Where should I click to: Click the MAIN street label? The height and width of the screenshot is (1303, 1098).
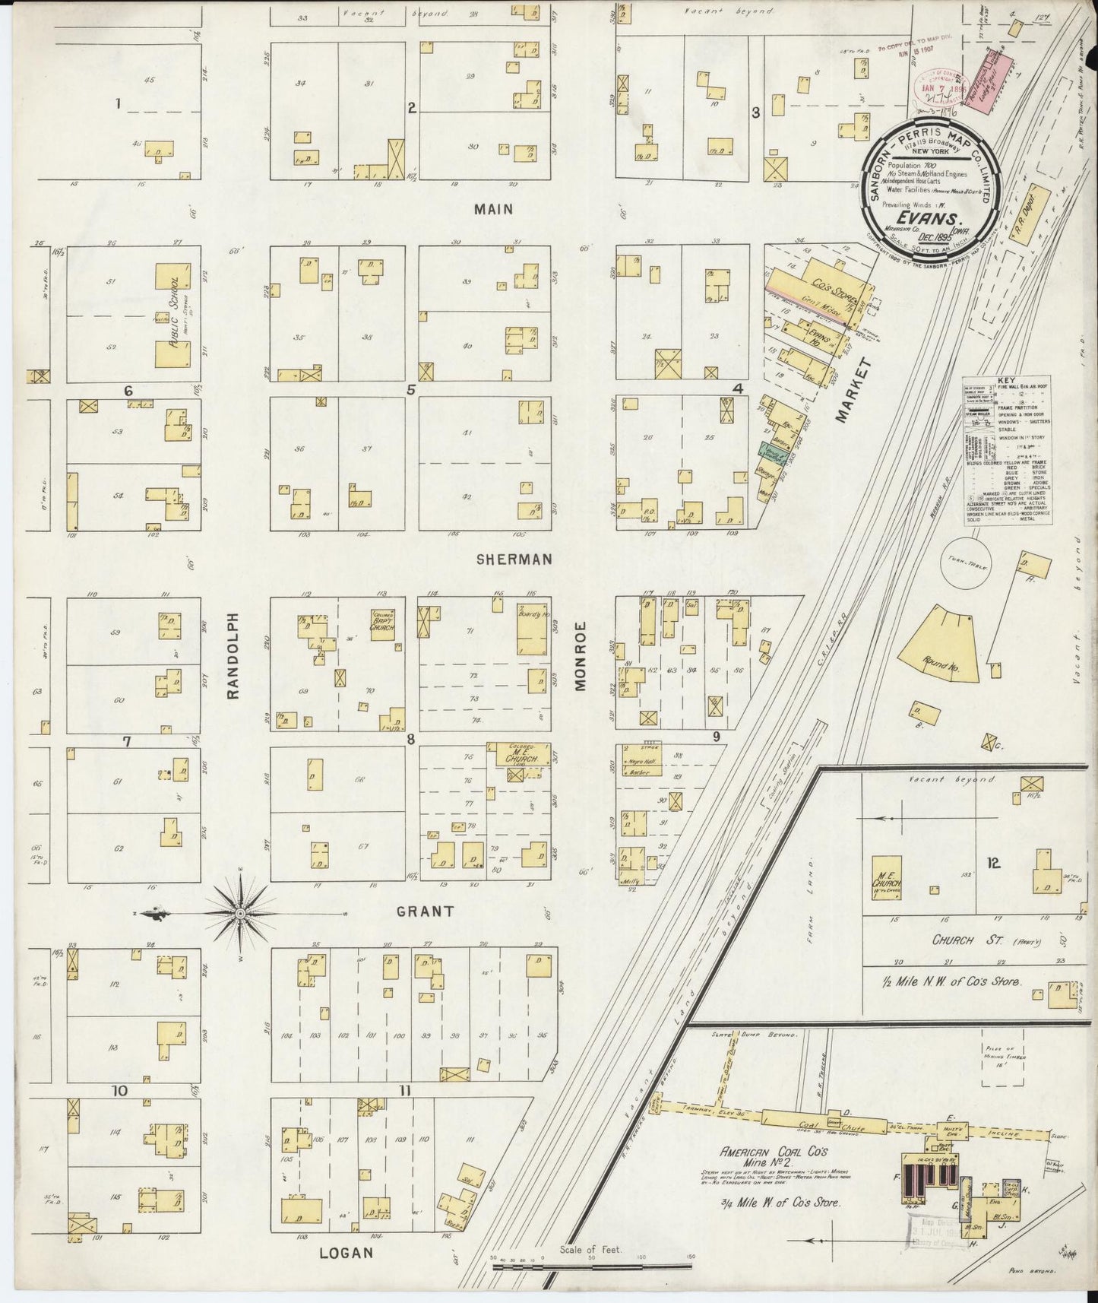click(494, 208)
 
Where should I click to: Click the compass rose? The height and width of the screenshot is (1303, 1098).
click(239, 912)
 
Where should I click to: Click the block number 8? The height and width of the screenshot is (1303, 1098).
click(410, 738)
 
